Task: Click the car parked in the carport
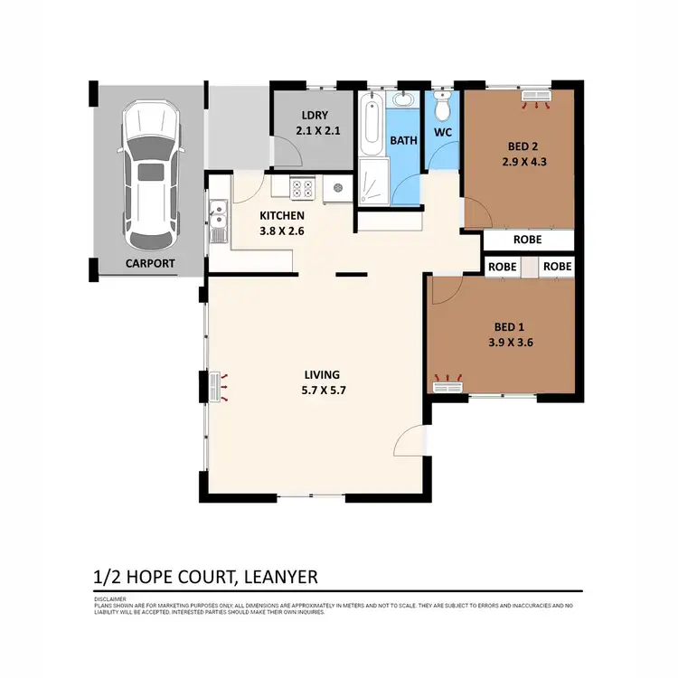[x=151, y=176]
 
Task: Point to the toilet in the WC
[x=442, y=108]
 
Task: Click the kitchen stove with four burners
[x=302, y=189]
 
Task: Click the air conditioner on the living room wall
[x=216, y=387]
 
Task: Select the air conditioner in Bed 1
[x=447, y=386]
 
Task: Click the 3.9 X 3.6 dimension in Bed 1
[x=508, y=342]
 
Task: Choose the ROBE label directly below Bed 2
[x=527, y=240]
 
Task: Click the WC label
[x=442, y=133]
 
